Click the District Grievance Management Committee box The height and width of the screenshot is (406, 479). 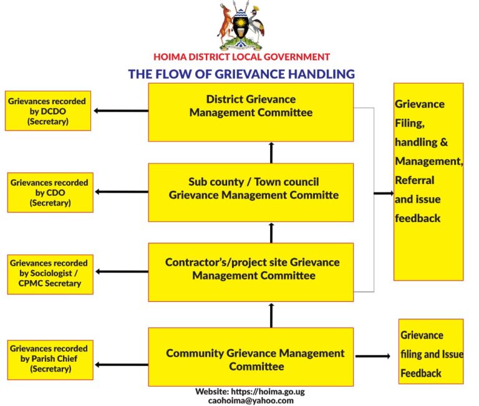251,112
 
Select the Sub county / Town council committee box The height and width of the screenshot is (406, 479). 251,192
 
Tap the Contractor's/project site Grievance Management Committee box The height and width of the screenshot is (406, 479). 251,272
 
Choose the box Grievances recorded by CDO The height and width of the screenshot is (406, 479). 50,192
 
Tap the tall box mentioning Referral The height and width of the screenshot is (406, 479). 428,181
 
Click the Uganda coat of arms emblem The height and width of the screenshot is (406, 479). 241,26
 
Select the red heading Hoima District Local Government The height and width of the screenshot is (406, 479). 241,57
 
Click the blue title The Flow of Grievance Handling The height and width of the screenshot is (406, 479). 241,74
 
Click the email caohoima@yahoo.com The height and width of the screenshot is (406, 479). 251,400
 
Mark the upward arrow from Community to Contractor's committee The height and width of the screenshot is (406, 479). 271,315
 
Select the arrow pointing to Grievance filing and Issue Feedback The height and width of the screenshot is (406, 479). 372,356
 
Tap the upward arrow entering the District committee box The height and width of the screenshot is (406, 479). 271,152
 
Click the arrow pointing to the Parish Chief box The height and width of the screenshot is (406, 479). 122,365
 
